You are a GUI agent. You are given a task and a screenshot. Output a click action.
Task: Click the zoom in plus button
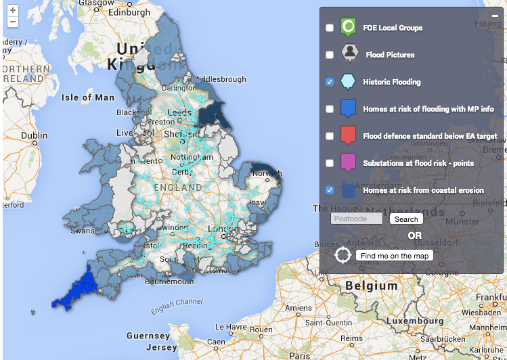[x=13, y=11]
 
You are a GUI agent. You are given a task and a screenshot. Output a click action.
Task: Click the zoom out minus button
[x=13, y=22]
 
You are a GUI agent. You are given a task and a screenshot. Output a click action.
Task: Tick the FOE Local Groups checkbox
[x=330, y=28]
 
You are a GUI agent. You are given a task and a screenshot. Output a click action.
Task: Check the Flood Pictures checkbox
[x=330, y=55]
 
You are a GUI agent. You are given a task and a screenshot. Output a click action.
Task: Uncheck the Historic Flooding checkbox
[x=330, y=82]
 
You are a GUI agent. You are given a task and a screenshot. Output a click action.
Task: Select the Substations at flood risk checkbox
[x=330, y=163]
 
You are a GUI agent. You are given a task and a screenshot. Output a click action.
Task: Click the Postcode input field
[x=357, y=219]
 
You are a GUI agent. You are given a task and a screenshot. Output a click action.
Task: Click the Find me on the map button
[x=395, y=256]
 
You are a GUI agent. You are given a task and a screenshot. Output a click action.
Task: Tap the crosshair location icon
[x=343, y=256]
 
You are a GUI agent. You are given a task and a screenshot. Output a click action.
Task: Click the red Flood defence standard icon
[x=347, y=135]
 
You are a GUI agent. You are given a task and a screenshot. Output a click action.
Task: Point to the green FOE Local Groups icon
[x=347, y=27]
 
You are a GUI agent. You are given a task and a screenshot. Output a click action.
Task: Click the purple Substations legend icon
[x=347, y=162]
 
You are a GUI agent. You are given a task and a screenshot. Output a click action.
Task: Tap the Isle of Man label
[x=88, y=97]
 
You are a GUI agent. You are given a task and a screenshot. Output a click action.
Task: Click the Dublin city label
[x=34, y=135]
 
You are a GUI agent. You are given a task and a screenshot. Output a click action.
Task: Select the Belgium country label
[x=371, y=286]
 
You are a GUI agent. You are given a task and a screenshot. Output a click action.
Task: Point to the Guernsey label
[x=148, y=336]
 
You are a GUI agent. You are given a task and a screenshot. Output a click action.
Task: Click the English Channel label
[x=172, y=307]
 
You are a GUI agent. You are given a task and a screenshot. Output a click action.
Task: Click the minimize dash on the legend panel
[x=495, y=15]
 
